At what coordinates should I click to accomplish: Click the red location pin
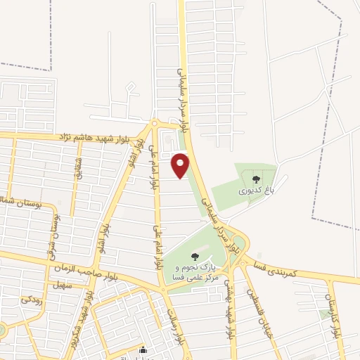[x=181, y=165]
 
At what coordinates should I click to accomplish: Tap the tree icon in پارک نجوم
[x=195, y=256]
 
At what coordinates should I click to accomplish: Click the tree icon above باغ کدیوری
[x=256, y=179]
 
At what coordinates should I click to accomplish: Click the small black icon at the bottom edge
[x=143, y=352]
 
